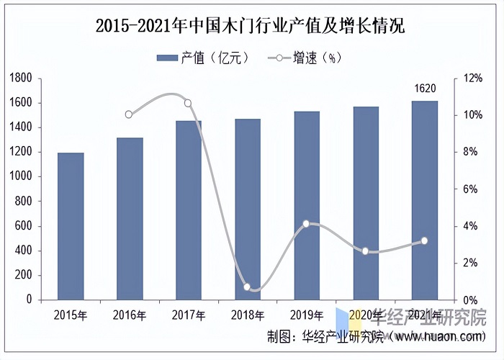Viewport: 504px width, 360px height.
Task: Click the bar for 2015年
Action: (71, 225)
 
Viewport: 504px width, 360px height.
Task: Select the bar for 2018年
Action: (248, 209)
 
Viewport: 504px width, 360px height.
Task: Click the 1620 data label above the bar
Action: (425, 89)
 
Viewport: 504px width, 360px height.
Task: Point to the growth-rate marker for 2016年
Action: (129, 114)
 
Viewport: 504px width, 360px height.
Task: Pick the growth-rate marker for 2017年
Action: (188, 103)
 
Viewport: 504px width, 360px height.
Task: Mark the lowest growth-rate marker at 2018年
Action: (247, 287)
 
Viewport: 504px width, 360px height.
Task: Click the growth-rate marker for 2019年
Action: (306, 224)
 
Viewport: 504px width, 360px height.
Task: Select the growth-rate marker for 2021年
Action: (424, 240)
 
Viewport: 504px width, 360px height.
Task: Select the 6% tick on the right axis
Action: (469, 189)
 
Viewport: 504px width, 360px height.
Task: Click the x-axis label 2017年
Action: (188, 315)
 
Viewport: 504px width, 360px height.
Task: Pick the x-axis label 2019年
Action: (306, 315)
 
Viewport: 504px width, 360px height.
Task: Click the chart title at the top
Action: (251, 27)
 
